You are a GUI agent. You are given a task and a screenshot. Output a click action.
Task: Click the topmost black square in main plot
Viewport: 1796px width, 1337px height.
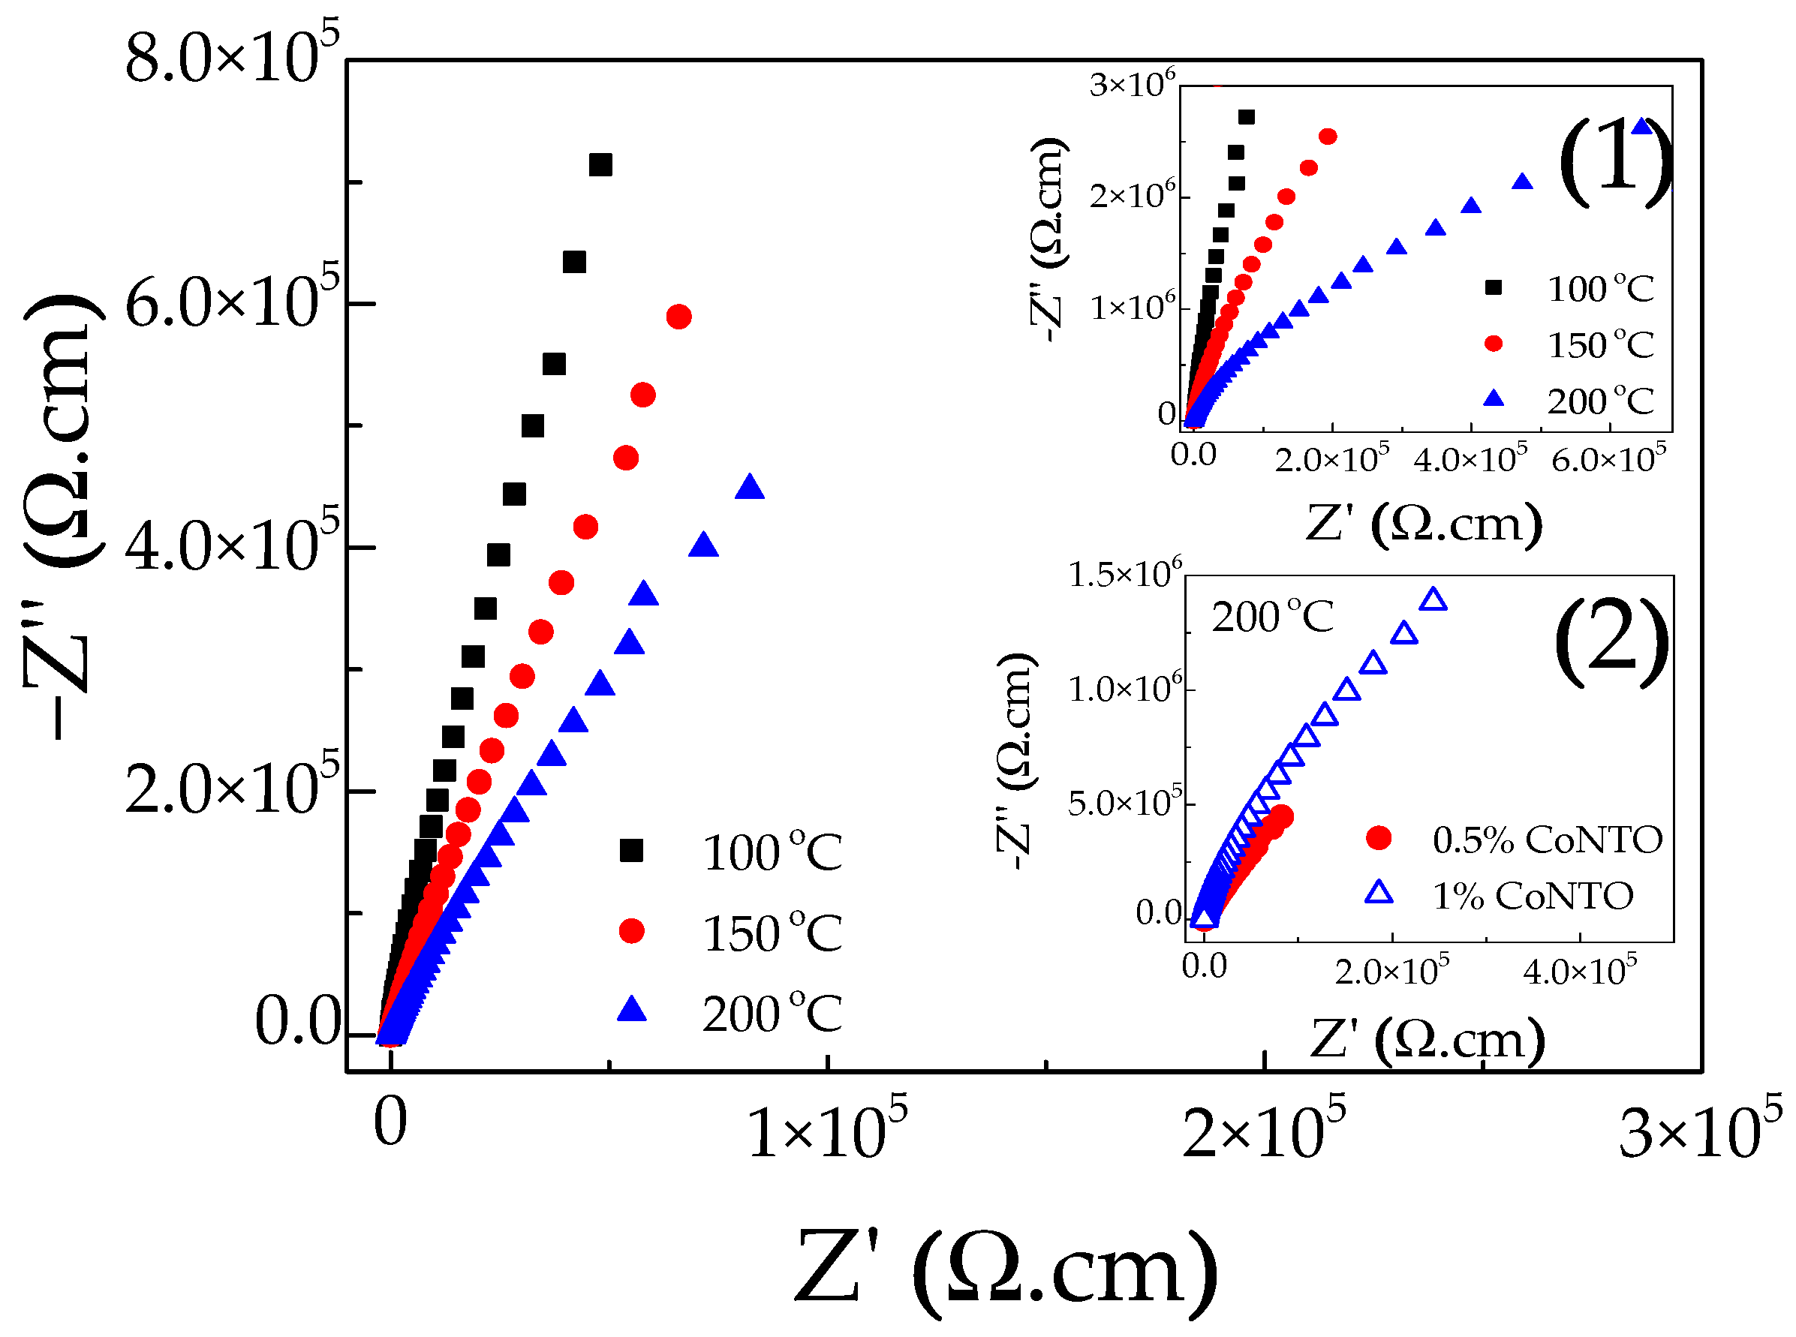pyautogui.click(x=600, y=165)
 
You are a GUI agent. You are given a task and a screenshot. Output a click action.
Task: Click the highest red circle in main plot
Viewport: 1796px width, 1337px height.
pyautogui.click(x=678, y=317)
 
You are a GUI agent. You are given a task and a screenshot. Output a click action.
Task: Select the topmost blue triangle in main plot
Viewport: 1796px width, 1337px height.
pyautogui.click(x=750, y=487)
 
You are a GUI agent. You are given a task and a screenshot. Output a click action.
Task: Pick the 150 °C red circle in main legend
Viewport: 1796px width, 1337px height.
pyautogui.click(x=631, y=930)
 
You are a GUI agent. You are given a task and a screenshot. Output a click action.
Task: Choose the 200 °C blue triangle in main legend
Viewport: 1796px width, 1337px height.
pyautogui.click(x=631, y=1010)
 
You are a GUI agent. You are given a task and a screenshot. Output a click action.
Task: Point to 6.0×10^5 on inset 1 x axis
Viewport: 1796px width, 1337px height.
pyautogui.click(x=1608, y=460)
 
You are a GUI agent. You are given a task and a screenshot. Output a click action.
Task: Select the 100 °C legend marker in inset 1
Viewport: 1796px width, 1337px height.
pyautogui.click(x=1494, y=287)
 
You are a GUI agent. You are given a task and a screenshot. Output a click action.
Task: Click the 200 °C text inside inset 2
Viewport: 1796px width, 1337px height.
pyautogui.click(x=1271, y=617)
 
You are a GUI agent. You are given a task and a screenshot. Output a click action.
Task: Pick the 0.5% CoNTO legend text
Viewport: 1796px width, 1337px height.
pyautogui.click(x=1547, y=840)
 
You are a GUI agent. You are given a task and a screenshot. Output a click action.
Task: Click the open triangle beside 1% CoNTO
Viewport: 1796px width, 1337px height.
pyautogui.click(x=1379, y=893)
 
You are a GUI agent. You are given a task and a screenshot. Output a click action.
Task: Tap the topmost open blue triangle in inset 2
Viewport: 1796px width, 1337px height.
pyautogui.click(x=1433, y=599)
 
